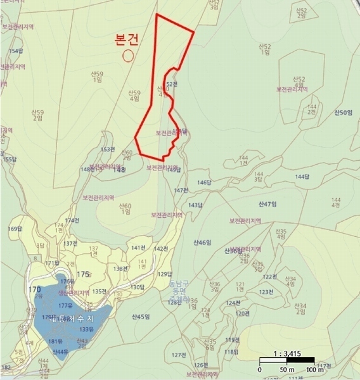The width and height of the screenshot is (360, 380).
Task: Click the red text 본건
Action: [126, 40]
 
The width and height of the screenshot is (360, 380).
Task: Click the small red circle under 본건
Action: [128, 55]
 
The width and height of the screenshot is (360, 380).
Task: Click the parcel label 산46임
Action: [202, 243]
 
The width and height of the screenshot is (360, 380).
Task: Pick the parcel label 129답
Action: [165, 274]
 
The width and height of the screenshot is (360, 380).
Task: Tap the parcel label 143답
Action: [195, 205]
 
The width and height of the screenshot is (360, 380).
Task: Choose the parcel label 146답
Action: [203, 182]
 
